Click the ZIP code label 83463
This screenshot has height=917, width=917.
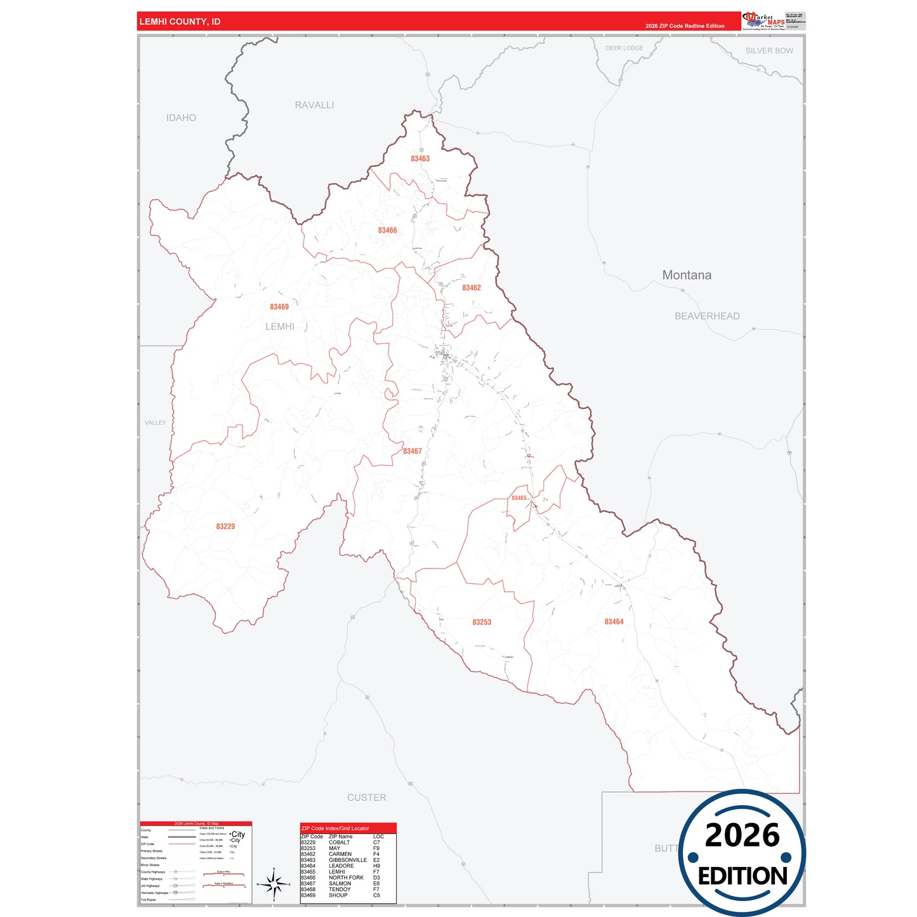420,159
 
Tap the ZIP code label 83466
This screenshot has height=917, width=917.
387,230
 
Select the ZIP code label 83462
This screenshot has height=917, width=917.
471,288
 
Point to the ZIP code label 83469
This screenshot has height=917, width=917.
279,307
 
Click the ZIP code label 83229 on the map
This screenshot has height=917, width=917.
225,527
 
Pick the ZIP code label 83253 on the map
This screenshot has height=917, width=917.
482,623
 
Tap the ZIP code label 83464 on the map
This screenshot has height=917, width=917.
614,622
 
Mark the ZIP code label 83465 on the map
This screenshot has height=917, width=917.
519,498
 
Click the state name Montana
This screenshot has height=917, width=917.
687,275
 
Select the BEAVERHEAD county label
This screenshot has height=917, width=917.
707,316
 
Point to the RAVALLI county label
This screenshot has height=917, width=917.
314,105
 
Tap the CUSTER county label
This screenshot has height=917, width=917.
367,798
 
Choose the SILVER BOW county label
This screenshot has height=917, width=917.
769,51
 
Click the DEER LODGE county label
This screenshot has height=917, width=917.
624,48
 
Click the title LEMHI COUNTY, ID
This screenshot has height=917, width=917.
180,22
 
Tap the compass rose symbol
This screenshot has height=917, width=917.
274,884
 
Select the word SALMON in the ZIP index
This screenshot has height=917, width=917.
340,883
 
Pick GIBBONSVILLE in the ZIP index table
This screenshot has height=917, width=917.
348,860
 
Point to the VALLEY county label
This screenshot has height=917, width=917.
155,423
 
